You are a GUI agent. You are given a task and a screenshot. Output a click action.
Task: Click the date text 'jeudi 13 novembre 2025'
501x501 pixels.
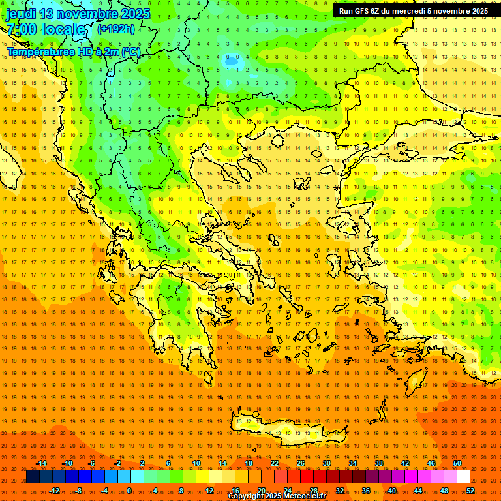[78, 14]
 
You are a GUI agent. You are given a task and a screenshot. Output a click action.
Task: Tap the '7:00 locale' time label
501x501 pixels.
[46, 29]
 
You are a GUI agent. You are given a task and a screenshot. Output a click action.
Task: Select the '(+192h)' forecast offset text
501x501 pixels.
[116, 29]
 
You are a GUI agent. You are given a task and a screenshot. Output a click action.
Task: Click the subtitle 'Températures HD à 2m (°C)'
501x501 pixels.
[73, 52]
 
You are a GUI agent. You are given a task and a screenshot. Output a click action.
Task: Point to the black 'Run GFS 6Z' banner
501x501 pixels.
[413, 11]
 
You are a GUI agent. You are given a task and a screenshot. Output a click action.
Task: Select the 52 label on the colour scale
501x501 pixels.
[470, 491]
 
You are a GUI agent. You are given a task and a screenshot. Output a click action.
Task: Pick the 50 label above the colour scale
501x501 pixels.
[457, 463]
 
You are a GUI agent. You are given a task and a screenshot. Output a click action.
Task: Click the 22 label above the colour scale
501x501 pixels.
[275, 463]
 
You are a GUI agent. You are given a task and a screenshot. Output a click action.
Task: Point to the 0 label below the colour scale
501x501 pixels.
[129, 491]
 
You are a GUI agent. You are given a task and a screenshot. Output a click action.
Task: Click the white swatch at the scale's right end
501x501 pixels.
[463, 477]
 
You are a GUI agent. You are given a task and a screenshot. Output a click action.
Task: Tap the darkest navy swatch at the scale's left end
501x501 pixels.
[33, 477]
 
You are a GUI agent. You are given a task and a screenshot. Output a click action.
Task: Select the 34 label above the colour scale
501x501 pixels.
[353, 463]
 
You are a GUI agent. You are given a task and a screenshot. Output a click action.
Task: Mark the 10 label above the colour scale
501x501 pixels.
[196, 463]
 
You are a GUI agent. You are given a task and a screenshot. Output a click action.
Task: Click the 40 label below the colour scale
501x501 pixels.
[392, 491]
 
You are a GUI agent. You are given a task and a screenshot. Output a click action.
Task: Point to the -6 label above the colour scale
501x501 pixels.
[92, 463]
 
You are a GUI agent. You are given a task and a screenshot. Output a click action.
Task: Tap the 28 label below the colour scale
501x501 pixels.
[314, 491]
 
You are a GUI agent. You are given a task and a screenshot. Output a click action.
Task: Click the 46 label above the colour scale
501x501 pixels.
[431, 463]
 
